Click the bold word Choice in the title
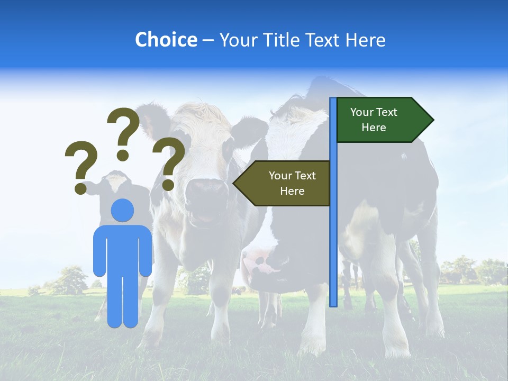(166, 40)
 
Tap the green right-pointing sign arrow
(381, 120)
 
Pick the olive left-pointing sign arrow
(286, 183)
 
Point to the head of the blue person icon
(123, 210)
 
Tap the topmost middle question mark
(124, 130)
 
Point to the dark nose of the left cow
(206, 193)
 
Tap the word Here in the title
(366, 40)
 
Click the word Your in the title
(238, 40)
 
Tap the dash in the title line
(208, 40)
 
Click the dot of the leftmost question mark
(80, 188)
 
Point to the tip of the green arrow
(432, 120)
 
